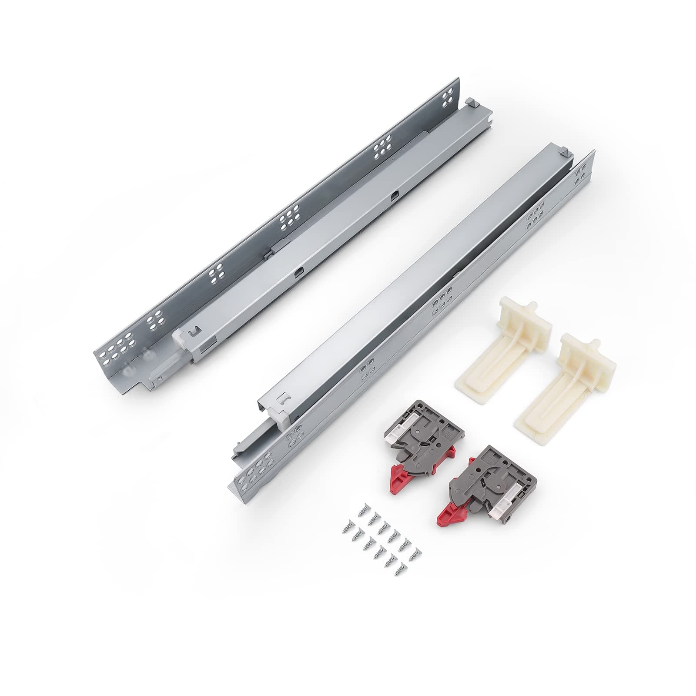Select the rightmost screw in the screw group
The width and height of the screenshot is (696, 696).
tap(416, 552)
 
